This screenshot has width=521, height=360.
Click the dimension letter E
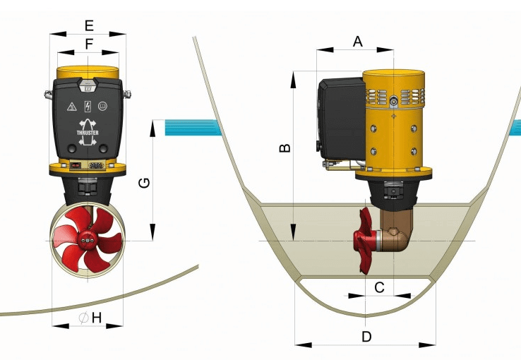tap(88, 25)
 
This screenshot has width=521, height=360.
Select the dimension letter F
tap(88, 44)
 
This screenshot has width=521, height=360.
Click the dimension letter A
tap(357, 42)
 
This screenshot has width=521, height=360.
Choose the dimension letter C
tap(380, 287)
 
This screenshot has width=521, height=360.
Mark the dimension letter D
tap(366, 337)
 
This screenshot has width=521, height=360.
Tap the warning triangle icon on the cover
tap(71, 107)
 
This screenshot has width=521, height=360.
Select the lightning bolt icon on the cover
tap(88, 107)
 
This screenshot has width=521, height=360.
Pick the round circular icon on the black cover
tap(102, 107)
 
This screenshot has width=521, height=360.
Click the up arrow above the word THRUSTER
tap(88, 121)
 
